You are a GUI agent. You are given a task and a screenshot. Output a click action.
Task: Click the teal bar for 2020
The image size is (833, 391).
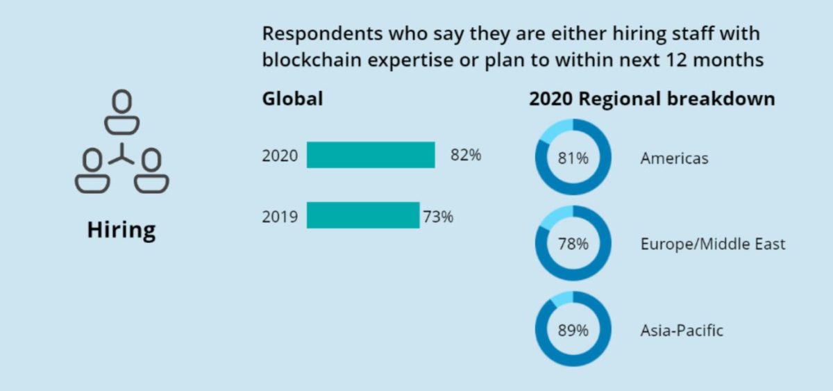[371, 155]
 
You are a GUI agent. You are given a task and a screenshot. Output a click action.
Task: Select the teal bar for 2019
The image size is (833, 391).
[362, 215]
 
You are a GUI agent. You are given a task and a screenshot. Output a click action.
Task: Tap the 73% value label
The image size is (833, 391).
[438, 217]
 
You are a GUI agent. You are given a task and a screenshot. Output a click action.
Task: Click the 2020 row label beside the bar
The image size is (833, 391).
[279, 156]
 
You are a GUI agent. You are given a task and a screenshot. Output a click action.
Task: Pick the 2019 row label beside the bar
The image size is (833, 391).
[279, 217]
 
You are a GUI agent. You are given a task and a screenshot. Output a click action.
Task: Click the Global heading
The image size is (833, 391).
[292, 99]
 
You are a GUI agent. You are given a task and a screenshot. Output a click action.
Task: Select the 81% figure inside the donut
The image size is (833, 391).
[573, 158]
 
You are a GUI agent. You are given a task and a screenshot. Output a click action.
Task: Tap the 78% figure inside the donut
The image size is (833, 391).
[573, 244]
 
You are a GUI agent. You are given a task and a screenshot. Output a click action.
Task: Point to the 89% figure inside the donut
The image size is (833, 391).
[573, 330]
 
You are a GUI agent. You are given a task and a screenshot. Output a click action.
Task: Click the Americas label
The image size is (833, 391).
[674, 158]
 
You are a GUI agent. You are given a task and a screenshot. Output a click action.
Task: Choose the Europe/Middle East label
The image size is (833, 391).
[712, 244]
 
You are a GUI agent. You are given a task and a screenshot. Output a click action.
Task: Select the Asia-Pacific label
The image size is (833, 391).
[681, 331]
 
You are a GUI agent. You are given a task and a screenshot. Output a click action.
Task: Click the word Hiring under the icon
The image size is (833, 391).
[121, 230]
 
